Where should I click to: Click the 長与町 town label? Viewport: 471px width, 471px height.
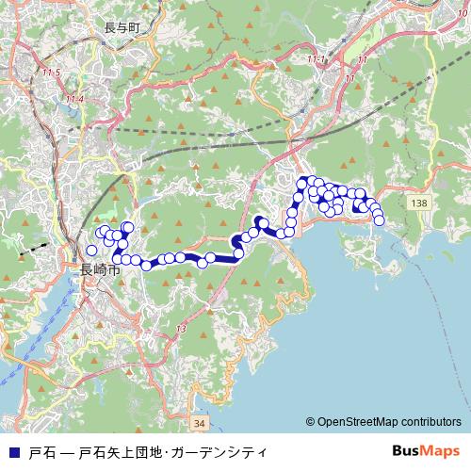pyautogui.click(x=122, y=28)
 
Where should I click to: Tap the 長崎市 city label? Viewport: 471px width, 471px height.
pyautogui.click(x=99, y=269)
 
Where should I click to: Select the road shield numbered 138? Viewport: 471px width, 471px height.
pyautogui.click(x=420, y=203)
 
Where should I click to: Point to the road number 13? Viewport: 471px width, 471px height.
pyautogui.click(x=181, y=327)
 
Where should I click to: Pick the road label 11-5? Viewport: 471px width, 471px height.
pyautogui.click(x=51, y=73)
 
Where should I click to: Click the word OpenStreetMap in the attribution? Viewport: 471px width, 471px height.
pyautogui.click(x=360, y=422)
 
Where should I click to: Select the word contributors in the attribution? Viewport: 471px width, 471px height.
pyautogui.click(x=431, y=422)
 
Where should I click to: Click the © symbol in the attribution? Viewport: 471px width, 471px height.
pyautogui.click(x=310, y=422)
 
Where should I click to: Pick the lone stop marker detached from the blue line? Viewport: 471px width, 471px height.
pyautogui.click(x=91, y=251)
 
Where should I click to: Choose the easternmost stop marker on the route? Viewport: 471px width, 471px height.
pyautogui.click(x=380, y=220)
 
